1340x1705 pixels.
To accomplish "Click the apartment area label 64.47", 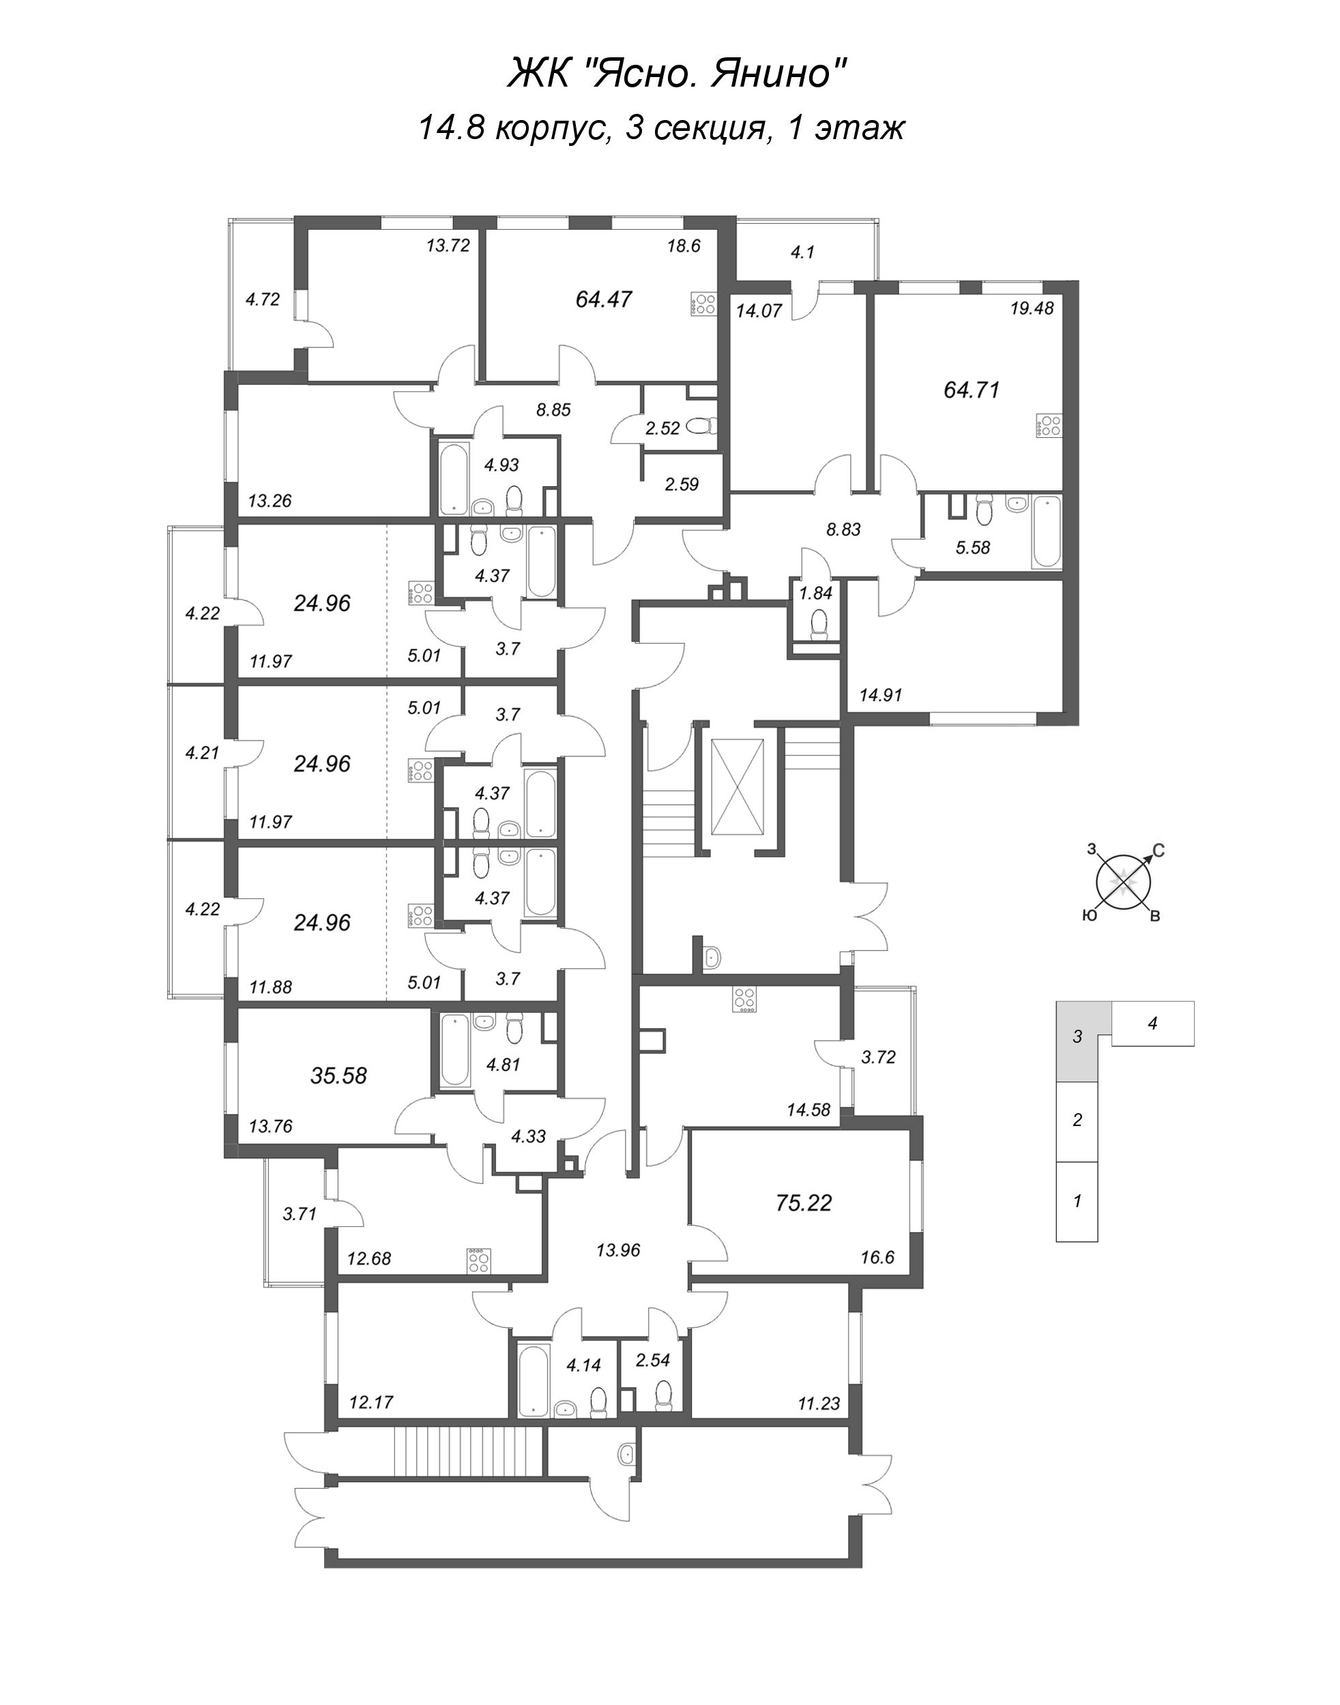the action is click(x=603, y=299).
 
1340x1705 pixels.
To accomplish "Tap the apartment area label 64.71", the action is click(x=972, y=390).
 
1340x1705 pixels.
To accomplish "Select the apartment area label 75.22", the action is click(x=802, y=1202).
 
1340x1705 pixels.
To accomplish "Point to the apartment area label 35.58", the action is click(x=338, y=1076).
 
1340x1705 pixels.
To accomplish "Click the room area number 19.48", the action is click(x=1032, y=308).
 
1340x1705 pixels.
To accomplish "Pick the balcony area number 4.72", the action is click(x=263, y=299).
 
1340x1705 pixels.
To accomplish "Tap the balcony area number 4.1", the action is click(x=802, y=252).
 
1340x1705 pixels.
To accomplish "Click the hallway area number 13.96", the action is click(x=618, y=1250).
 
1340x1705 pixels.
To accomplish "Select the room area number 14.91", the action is click(x=881, y=695).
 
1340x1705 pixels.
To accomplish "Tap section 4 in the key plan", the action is click(x=1152, y=1024).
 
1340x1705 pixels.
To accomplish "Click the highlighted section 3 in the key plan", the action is click(x=1078, y=1037).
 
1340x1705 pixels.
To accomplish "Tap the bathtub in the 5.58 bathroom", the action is click(x=1047, y=532).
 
